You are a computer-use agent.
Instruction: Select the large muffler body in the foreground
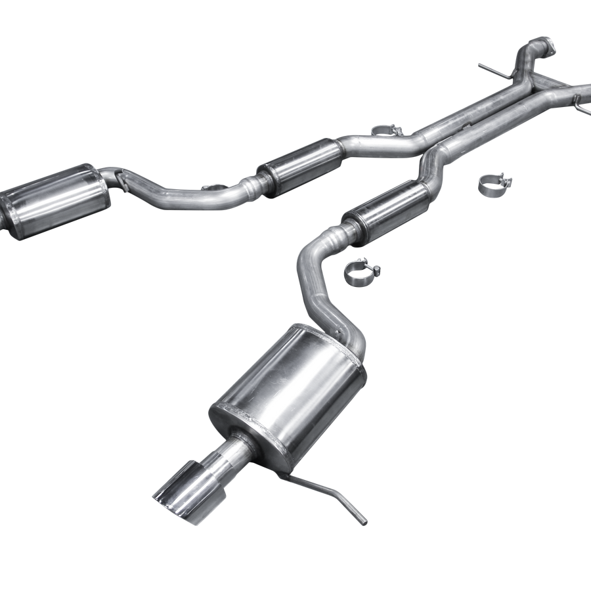coord(289,391)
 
